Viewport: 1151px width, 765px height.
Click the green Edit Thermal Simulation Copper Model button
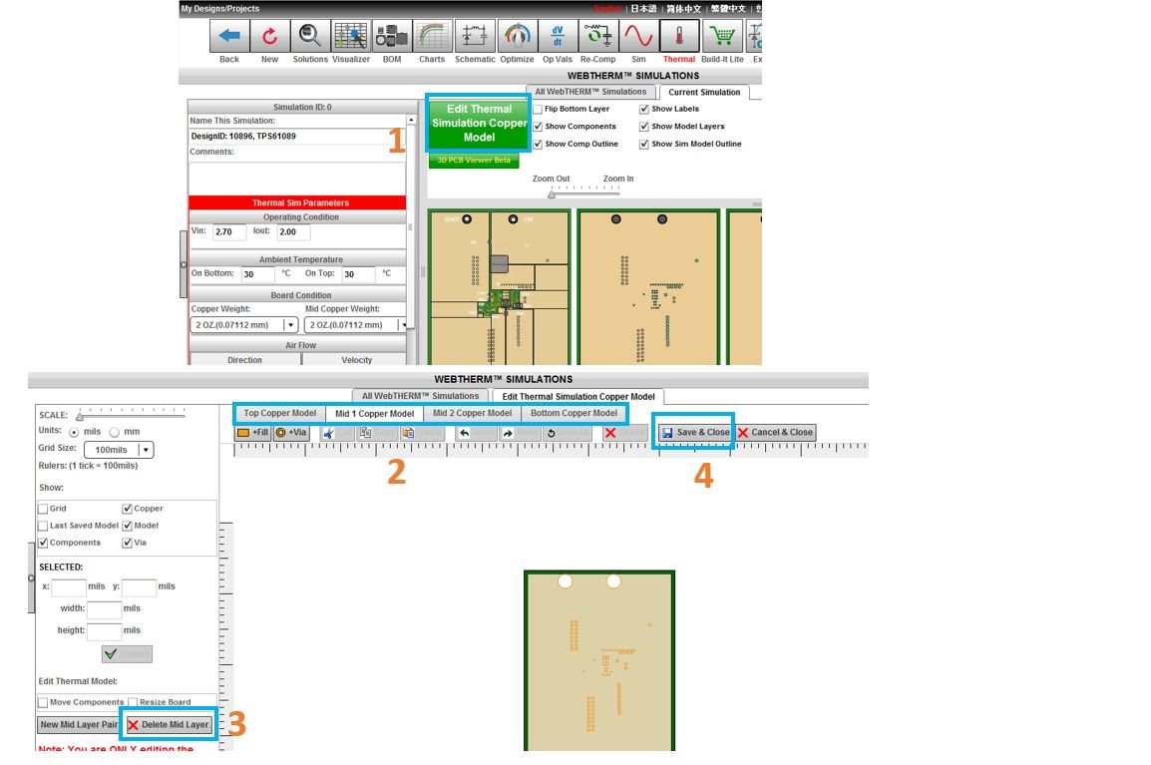479,123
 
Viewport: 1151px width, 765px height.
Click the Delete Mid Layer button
168,725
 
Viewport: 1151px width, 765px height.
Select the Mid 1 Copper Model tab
374,414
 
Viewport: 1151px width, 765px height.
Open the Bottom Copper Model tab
574,413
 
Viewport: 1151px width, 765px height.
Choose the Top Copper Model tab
280,413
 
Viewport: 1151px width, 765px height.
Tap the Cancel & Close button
776,432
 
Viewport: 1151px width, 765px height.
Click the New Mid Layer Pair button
78,725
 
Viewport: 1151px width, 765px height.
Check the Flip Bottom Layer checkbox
539,109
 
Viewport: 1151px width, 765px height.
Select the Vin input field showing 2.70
228,231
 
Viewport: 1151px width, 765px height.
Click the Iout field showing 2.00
293,231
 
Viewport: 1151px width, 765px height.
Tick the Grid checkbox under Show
43,509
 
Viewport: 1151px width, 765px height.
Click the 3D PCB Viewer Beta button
474,161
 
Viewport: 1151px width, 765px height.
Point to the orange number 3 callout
236,724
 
